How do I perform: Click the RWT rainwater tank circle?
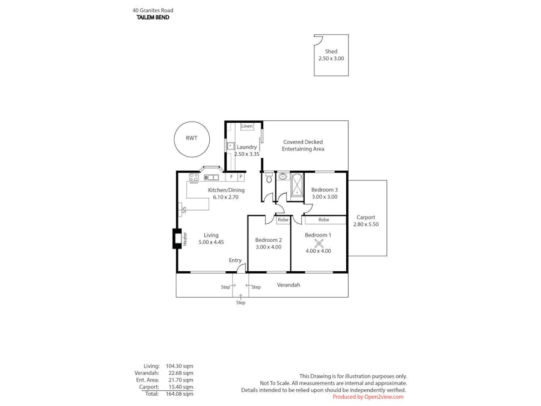[x=191, y=138]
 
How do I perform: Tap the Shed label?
[x=331, y=52]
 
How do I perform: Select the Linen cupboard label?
[x=247, y=126]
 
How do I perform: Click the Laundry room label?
[x=246, y=147]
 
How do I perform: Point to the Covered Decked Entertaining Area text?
[x=304, y=146]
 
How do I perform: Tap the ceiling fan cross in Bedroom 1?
[x=319, y=243]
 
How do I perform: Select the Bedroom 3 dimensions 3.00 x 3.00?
[x=324, y=197]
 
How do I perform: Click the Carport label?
[x=365, y=217]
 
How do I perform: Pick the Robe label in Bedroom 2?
[x=283, y=220]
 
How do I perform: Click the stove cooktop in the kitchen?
[x=194, y=177]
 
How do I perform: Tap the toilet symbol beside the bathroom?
[x=269, y=178]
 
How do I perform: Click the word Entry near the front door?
[x=235, y=260]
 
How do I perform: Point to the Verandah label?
[x=289, y=285]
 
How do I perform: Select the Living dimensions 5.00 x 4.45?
[x=211, y=242]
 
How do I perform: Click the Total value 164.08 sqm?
[x=181, y=394]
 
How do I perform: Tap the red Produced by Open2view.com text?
[x=368, y=397]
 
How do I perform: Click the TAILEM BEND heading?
[x=153, y=17]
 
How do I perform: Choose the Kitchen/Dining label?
[x=226, y=190]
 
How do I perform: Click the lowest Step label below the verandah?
[x=240, y=303]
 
